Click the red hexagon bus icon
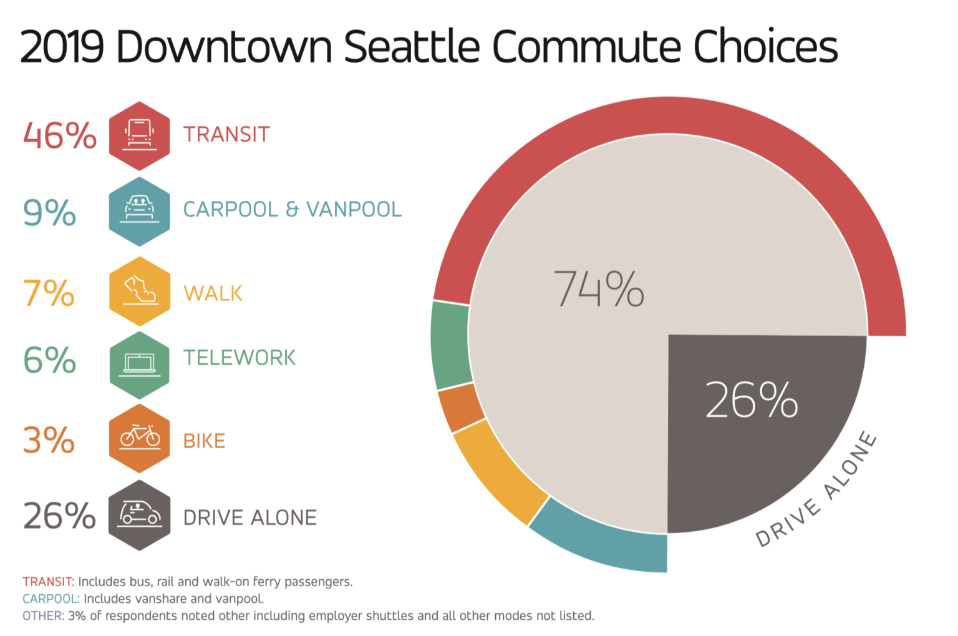click(139, 135)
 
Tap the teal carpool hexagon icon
click(139, 211)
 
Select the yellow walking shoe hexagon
click(139, 291)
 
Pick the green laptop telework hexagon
click(139, 364)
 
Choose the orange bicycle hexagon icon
click(139, 438)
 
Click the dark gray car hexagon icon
click(139, 515)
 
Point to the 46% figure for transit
click(59, 135)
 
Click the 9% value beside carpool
click(49, 212)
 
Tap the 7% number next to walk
click(49, 292)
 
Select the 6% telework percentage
click(49, 360)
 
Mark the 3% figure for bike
click(49, 440)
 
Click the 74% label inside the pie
click(598, 289)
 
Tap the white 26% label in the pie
click(751, 400)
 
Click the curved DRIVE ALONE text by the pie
click(818, 490)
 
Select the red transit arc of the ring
click(667, 115)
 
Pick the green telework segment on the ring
click(450, 345)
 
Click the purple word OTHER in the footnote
click(43, 616)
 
